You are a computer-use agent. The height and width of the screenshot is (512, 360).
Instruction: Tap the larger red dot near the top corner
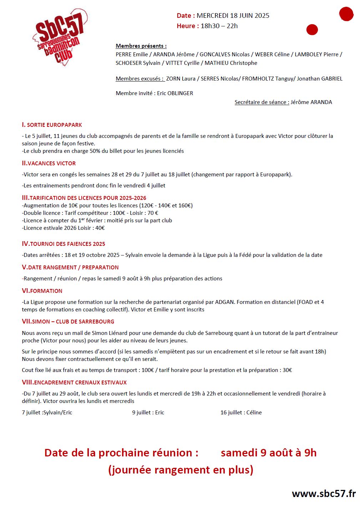pos(346,14)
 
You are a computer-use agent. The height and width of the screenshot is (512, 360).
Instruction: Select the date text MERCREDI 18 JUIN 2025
pos(233,16)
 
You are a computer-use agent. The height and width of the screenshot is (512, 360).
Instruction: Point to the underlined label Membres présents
pos(141,46)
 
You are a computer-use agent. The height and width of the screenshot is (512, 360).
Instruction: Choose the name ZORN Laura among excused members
pos(181,79)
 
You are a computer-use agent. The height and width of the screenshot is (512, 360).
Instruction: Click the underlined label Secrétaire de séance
pos(262,102)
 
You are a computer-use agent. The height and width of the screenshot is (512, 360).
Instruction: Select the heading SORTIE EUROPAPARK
pos(54,125)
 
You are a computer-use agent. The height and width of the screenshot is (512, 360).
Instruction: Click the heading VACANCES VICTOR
pos(51,164)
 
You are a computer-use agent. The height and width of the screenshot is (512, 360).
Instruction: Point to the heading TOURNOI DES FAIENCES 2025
pos(67,244)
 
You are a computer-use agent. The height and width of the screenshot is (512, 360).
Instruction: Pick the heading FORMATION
pos(46,291)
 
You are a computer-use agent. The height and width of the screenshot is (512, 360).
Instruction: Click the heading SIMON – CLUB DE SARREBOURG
pos(73,322)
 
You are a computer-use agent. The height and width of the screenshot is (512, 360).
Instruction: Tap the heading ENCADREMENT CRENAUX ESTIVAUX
pos(80,383)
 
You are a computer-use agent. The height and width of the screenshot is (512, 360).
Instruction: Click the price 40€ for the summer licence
pos(100,228)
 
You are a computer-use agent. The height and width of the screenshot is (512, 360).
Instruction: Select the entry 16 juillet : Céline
pos(241,413)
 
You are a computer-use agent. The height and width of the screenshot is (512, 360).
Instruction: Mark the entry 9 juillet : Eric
pos(148,413)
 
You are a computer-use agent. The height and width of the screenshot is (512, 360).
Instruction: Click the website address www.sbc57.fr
pos(324,493)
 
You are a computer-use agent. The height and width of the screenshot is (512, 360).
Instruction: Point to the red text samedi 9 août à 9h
pos(268,453)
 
